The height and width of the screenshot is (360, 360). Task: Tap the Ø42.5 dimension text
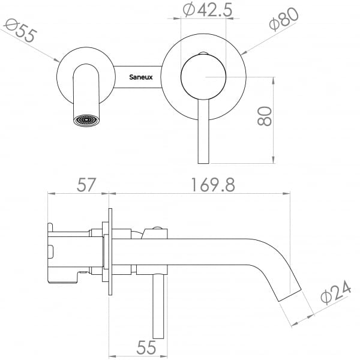coord(208,10)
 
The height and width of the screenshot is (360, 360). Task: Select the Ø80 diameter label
coord(284,19)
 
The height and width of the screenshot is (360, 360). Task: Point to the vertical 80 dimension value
coord(265,116)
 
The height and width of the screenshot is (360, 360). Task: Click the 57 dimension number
coord(86,185)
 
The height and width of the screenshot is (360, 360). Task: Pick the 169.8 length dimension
coord(213,185)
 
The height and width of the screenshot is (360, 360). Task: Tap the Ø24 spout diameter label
coord(336,292)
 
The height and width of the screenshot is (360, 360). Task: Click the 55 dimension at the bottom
coord(146,347)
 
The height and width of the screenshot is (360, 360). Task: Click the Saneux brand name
coord(141,77)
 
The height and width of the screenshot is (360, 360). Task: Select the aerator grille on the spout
coord(86,121)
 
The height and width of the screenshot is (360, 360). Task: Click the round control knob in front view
coord(203,77)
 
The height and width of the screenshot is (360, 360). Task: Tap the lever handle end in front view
coord(203,161)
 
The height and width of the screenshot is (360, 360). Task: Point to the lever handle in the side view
coord(158,306)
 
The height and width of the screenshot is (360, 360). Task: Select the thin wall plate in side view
coord(110,251)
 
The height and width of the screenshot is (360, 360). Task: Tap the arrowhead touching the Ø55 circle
coord(57,60)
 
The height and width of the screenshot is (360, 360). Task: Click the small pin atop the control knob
coord(203,54)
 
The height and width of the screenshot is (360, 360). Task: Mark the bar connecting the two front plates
coord(138,77)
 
